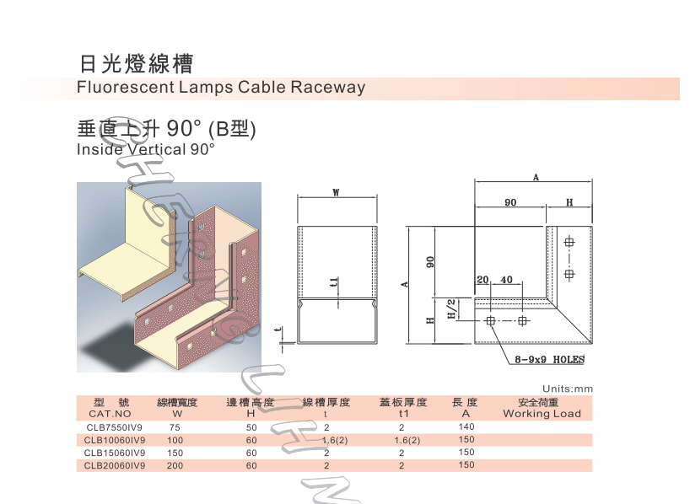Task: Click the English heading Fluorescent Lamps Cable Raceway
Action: [x=221, y=88]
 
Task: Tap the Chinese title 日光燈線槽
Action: [x=135, y=64]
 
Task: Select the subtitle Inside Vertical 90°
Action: [x=146, y=149]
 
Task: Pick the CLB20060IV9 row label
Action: [x=116, y=465]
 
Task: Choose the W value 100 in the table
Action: [x=175, y=440]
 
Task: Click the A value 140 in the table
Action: [x=466, y=427]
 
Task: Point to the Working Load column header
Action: [x=542, y=414]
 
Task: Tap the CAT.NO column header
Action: [x=110, y=414]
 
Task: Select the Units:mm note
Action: [x=568, y=389]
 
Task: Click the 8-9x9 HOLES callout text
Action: [x=549, y=360]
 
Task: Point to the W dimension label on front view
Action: [x=336, y=193]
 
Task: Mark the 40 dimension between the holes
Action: [x=507, y=280]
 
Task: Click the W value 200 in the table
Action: [x=175, y=465]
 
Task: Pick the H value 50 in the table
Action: [x=251, y=427]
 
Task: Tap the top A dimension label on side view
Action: [x=536, y=177]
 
